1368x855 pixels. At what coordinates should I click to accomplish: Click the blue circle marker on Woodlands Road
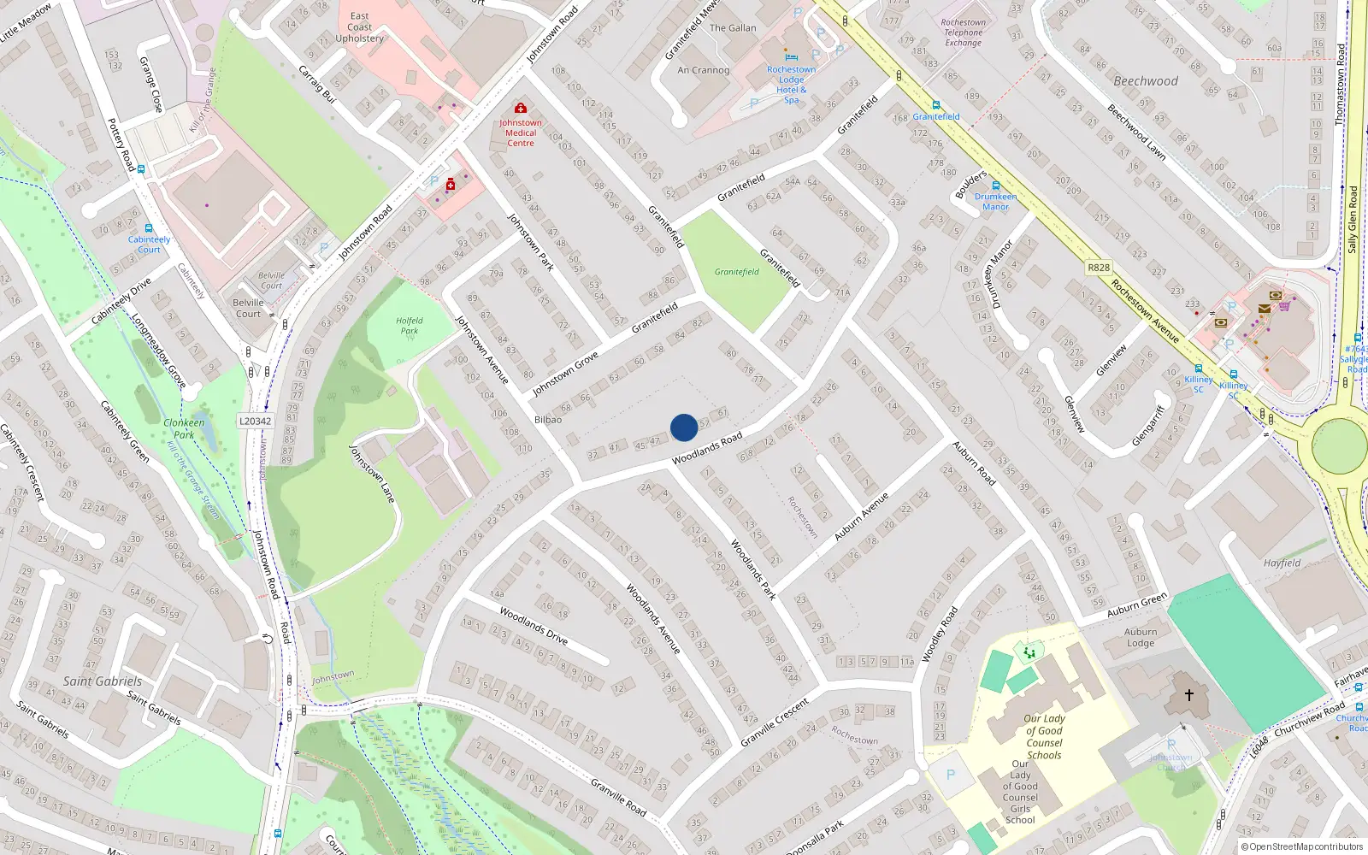(x=684, y=427)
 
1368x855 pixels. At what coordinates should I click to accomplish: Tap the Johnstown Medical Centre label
(x=520, y=133)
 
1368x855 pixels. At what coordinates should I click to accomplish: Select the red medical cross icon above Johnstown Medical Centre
(x=520, y=108)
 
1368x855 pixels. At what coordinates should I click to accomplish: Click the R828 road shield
(x=1099, y=268)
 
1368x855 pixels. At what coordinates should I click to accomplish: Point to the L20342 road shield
(x=255, y=421)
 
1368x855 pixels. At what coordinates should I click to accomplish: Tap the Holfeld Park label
(x=410, y=326)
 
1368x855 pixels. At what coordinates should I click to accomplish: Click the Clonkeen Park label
(x=184, y=428)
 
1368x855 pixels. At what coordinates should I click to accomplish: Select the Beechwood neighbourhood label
(x=1145, y=81)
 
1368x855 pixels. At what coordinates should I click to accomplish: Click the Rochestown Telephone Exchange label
(x=963, y=32)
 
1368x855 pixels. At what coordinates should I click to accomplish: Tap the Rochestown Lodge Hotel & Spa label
(x=791, y=85)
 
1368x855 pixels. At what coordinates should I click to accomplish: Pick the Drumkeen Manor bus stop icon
(x=995, y=186)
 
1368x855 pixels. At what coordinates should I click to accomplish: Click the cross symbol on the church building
(x=1188, y=695)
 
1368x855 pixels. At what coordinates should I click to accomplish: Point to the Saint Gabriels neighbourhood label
(x=103, y=681)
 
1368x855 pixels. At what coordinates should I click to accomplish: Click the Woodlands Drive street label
(x=534, y=625)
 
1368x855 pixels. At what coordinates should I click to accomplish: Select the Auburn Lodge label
(x=1141, y=637)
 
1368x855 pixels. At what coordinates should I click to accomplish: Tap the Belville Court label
(x=248, y=308)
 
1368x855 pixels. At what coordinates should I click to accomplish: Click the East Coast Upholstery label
(x=359, y=27)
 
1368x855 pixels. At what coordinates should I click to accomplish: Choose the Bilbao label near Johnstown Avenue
(x=548, y=420)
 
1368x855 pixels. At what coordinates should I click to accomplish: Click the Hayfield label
(x=1282, y=563)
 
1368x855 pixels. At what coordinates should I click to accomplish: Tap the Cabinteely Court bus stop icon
(x=150, y=229)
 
